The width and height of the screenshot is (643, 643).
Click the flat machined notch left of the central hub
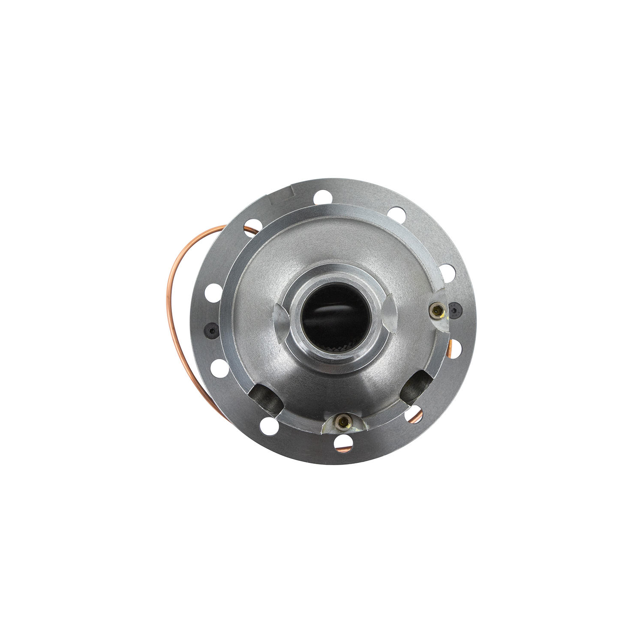(281, 315)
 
